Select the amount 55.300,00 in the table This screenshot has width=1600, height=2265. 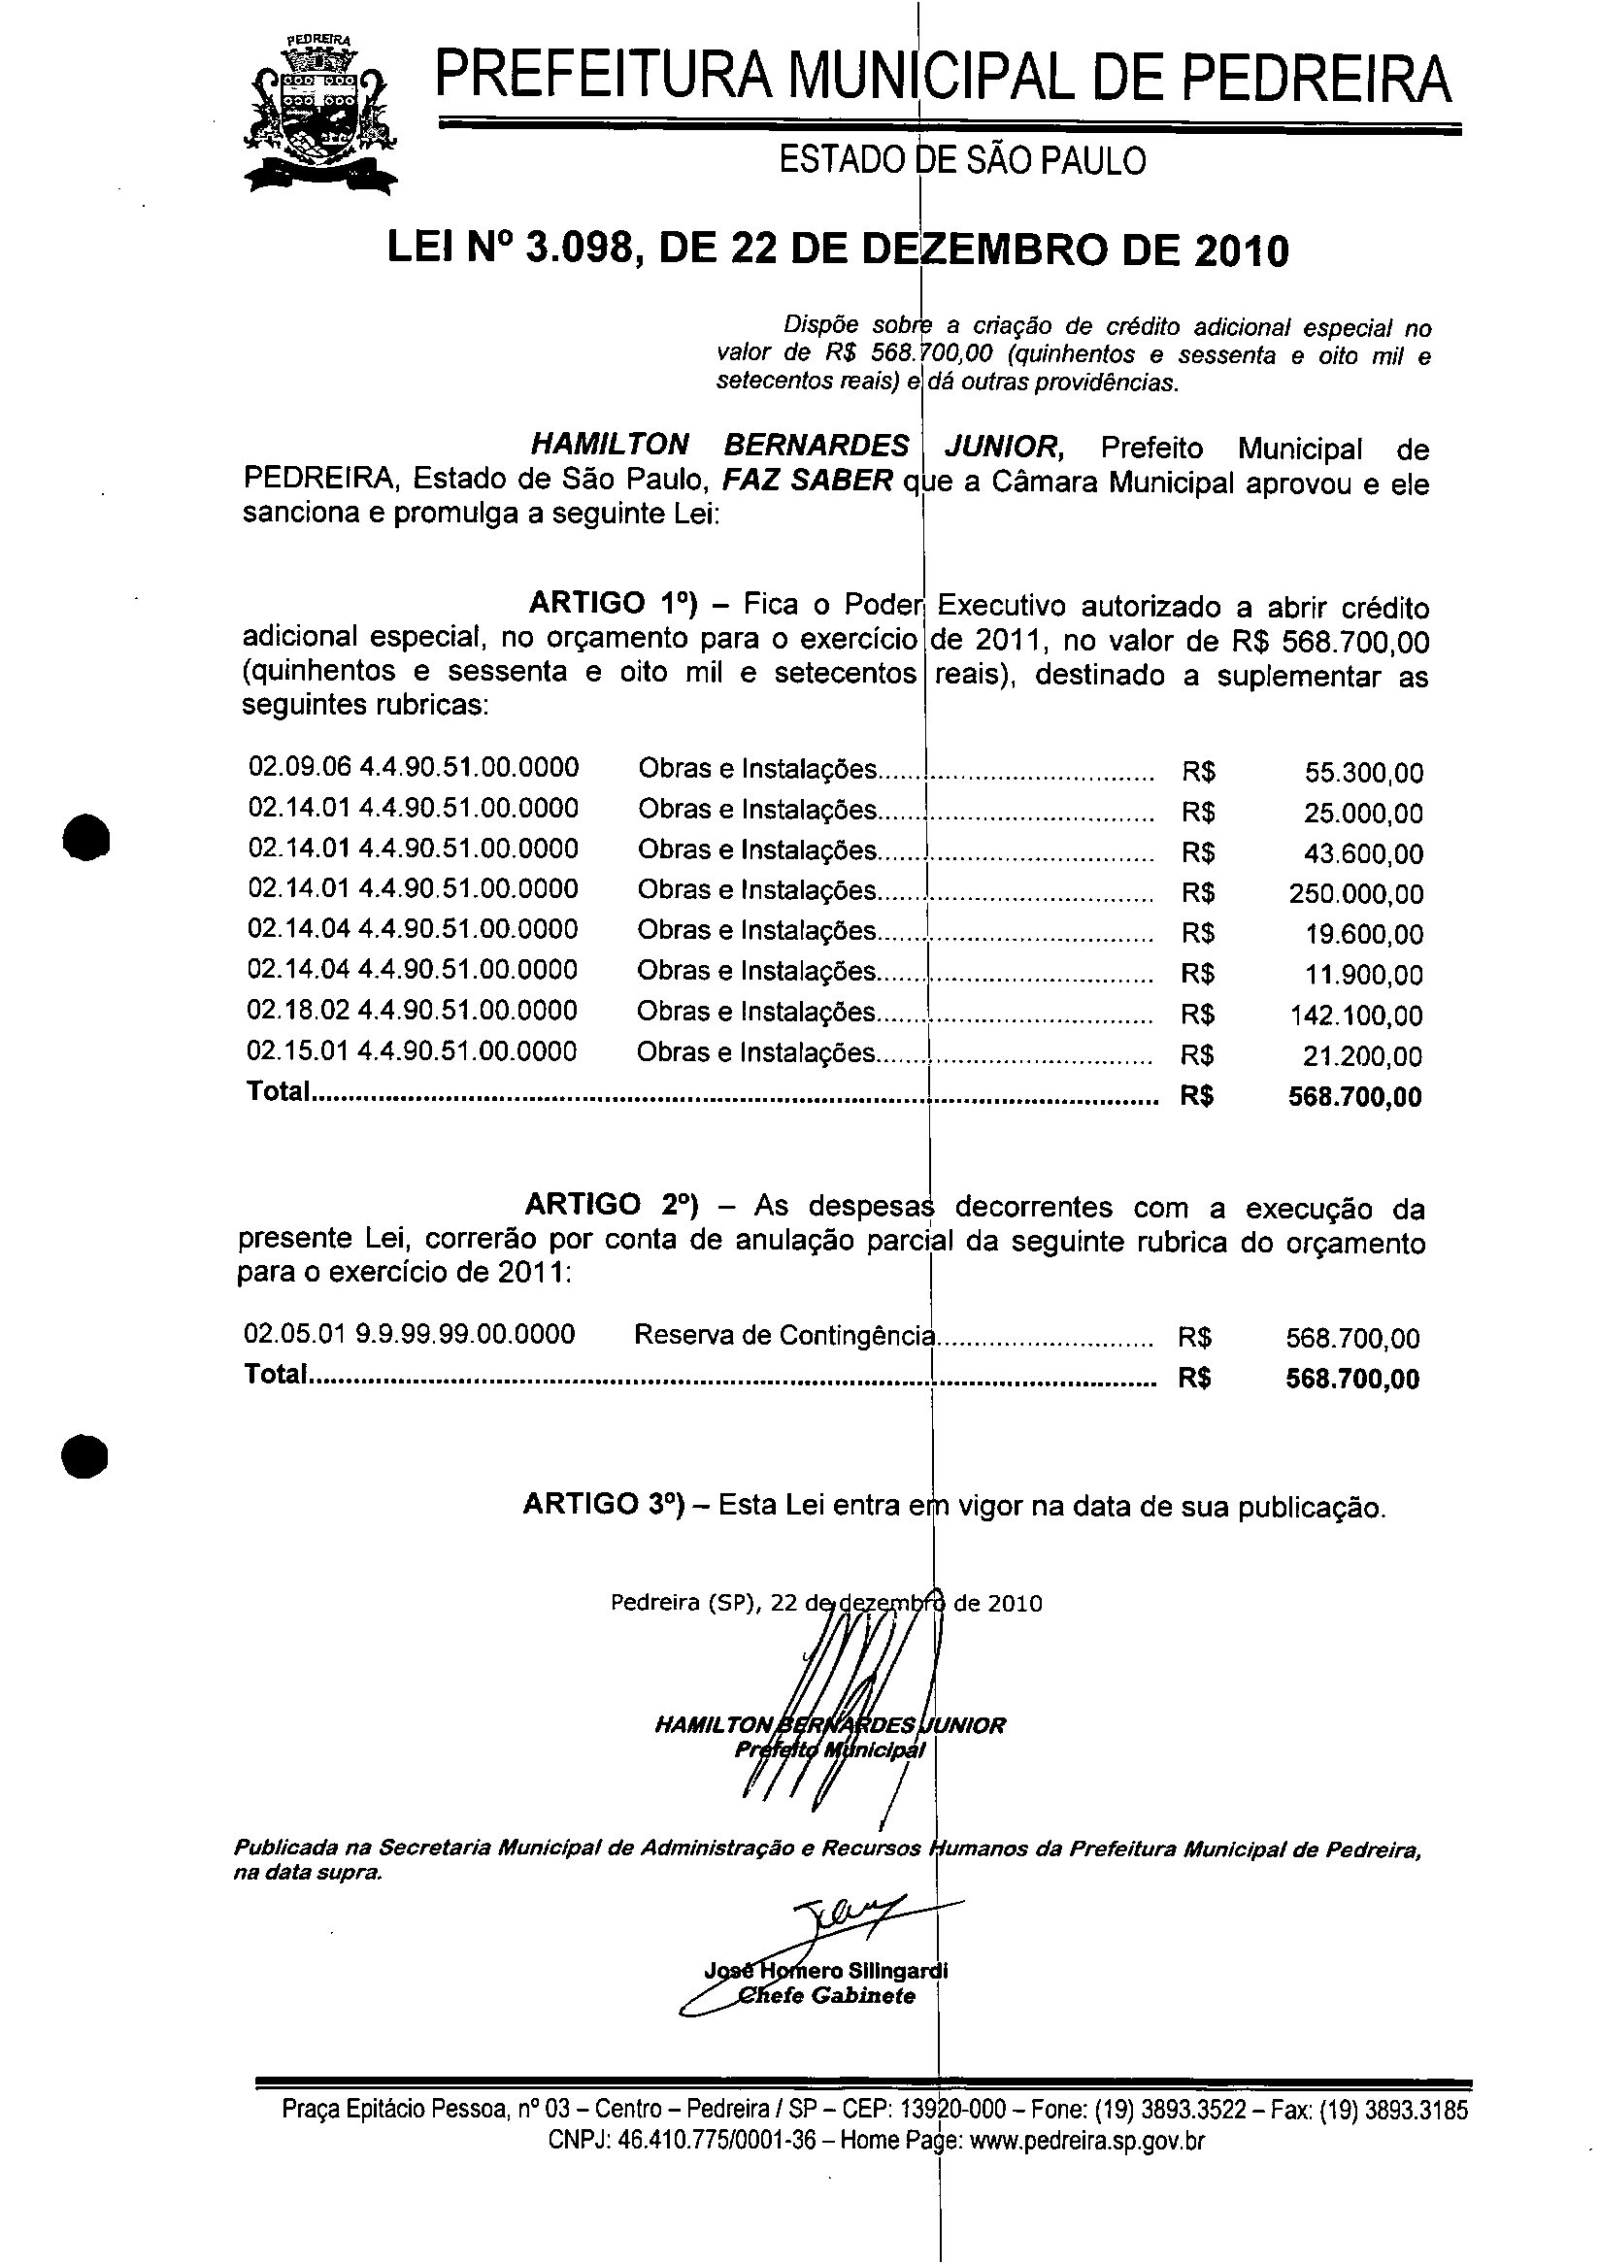coord(1363,774)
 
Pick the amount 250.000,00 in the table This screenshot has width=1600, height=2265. coord(1355,895)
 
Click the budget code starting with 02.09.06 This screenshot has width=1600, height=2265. coord(414,768)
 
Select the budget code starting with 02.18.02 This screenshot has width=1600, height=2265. coord(413,1011)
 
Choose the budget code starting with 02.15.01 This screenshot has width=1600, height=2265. coord(412,1050)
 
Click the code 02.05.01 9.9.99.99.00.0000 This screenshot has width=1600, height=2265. coord(410,1335)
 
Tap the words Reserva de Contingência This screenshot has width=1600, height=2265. coord(783,1336)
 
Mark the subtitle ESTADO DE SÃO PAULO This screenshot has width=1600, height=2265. coord(962,160)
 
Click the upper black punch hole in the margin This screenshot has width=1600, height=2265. coord(85,838)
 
